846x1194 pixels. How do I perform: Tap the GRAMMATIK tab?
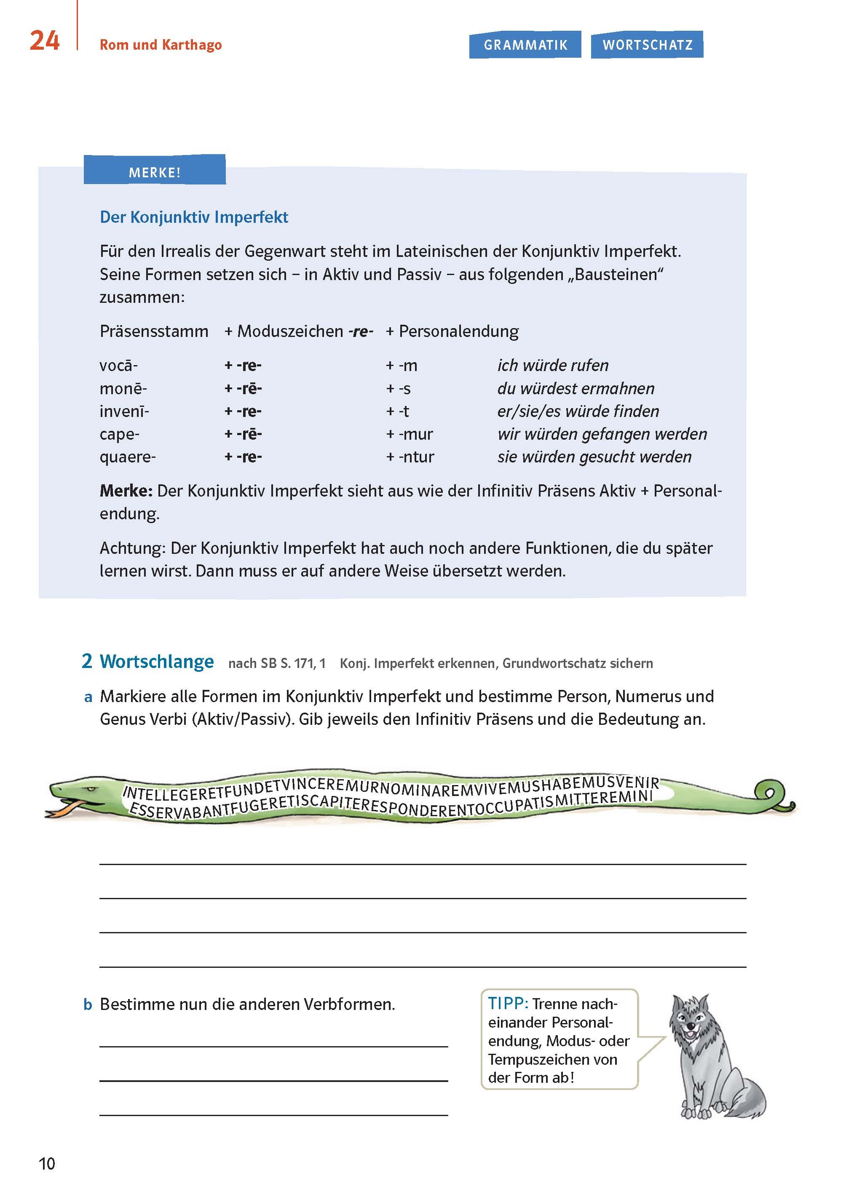coord(525,45)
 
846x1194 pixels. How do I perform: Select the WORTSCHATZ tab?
coord(647,45)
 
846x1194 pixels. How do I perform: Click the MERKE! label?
coord(155,172)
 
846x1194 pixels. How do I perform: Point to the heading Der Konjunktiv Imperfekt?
coord(194,217)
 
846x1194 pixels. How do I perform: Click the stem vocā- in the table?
coord(119,366)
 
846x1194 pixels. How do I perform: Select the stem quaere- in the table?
coord(128,457)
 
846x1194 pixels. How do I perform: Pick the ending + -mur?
coord(410,434)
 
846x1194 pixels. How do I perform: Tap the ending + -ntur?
coord(410,457)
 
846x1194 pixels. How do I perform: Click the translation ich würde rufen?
coord(553,366)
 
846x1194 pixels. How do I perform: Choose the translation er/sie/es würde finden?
coord(578,411)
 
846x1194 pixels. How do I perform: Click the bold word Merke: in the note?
coord(126,491)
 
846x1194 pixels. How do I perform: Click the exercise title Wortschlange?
coord(157,661)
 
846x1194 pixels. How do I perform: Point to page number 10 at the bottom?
coord(47,1164)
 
